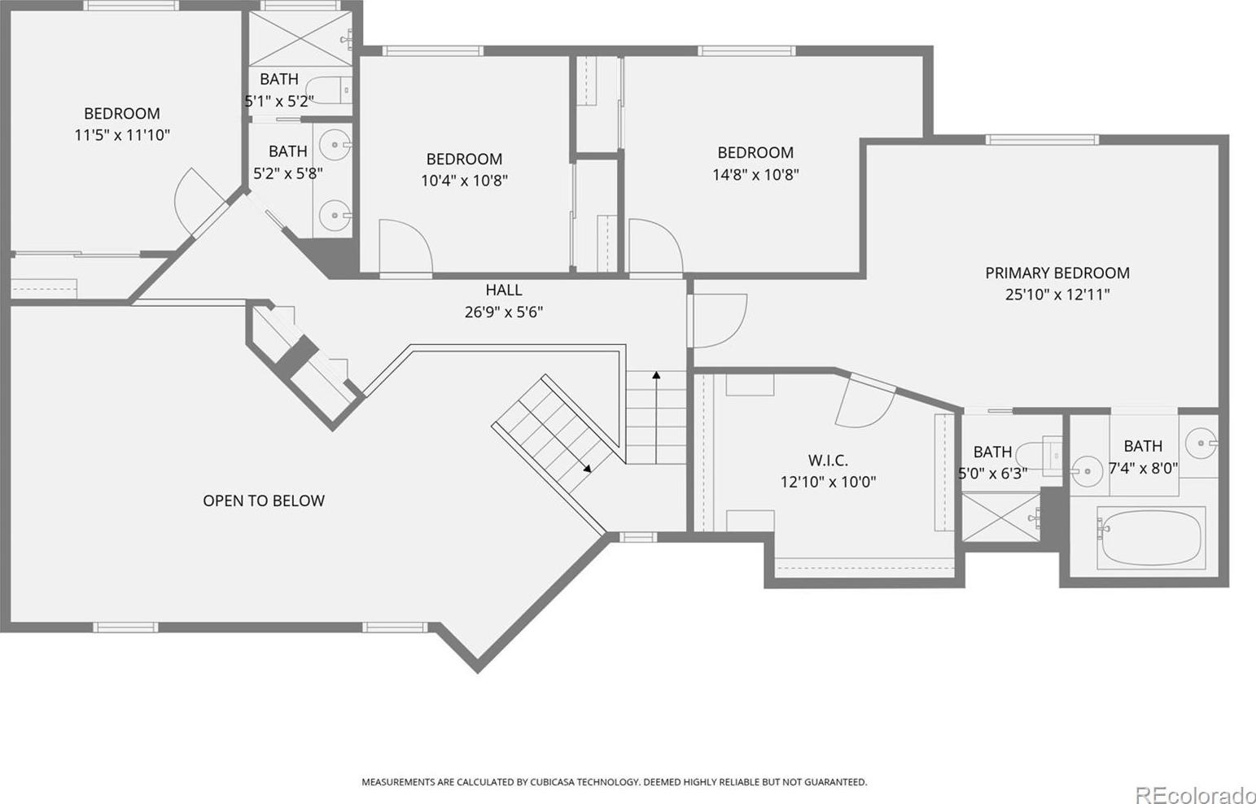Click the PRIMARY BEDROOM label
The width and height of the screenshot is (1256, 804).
(1057, 273)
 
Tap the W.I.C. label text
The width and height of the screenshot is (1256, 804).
(828, 461)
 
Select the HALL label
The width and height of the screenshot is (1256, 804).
(504, 290)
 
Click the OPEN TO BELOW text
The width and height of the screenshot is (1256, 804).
(264, 500)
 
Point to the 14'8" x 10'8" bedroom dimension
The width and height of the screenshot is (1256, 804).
(755, 174)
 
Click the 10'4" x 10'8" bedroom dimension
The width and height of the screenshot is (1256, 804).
(464, 181)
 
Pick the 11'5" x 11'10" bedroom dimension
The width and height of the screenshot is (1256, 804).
(122, 135)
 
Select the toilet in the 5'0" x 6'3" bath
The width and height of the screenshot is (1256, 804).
(1038, 457)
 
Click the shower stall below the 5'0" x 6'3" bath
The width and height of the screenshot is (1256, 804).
(1001, 517)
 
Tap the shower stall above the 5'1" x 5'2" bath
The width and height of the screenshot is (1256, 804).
(300, 38)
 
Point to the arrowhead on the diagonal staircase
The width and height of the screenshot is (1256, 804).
(587, 468)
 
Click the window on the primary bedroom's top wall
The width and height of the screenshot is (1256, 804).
(1042, 140)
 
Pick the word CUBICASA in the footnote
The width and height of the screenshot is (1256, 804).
(552, 782)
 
